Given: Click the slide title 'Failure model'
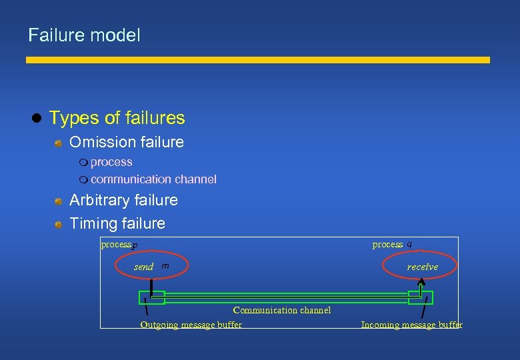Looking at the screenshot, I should point(84,35).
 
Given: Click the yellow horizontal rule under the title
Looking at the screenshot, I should point(257,60).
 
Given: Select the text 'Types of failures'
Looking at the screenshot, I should point(117,118).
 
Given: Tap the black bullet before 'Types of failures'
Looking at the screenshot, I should point(37,119).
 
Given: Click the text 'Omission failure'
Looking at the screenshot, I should point(127,142).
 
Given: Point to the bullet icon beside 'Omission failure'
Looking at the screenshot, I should point(59,143).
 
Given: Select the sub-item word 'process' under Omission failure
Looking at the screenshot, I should point(111,162).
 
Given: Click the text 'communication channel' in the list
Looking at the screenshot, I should point(153,179).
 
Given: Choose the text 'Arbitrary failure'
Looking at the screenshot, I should point(123,200).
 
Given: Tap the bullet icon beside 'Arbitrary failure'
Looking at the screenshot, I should point(59,201).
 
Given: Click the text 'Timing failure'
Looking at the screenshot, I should point(117,223).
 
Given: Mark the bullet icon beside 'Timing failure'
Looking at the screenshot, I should point(59,224).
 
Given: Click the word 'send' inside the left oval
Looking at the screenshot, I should point(143,267).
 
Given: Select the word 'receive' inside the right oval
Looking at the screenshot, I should point(423,267).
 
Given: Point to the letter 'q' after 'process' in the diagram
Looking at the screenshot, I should point(409,244).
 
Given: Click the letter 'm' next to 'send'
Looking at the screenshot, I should point(165,266).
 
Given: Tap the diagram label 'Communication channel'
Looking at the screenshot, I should point(281,310).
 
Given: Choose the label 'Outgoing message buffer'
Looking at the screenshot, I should point(191,325).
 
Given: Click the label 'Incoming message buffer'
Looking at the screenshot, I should point(411,325).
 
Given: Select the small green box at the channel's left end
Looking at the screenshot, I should point(151,297).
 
